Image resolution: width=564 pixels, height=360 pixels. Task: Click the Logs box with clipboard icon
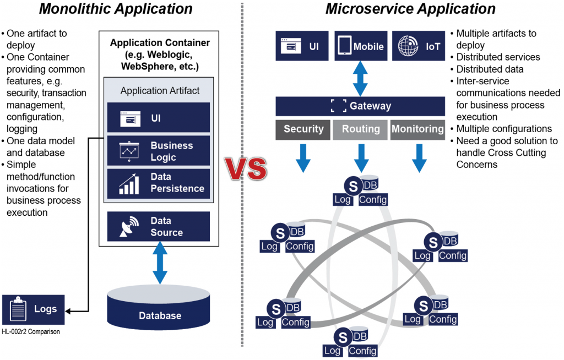click(33, 309)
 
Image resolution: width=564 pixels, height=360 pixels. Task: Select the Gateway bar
click(360, 106)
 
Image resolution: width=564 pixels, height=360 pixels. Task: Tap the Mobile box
click(360, 46)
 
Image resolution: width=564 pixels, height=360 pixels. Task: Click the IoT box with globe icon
click(418, 46)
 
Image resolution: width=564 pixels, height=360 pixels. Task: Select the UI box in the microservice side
click(302, 46)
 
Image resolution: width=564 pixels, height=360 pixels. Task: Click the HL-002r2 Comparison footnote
click(31, 332)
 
